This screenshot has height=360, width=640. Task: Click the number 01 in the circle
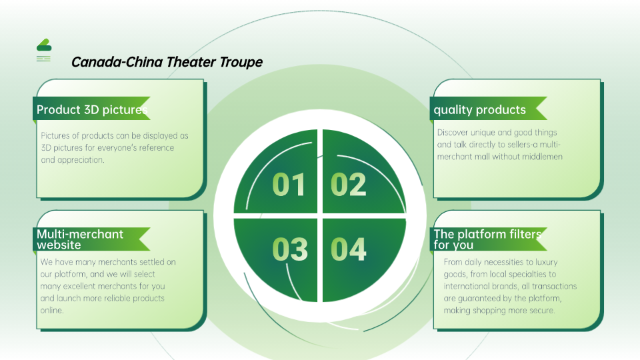pos(289,185)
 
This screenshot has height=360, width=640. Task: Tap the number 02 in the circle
pos(348,185)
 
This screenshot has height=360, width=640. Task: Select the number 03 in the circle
pos(290,249)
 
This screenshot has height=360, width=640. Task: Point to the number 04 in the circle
pos(348,249)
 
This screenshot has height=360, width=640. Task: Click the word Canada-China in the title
pos(117,62)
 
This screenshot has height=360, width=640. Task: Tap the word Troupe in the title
pos(241,63)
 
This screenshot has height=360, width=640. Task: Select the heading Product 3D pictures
pos(92,110)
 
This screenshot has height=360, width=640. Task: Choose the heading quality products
pos(479,110)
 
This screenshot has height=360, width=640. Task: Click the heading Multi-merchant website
pos(80,239)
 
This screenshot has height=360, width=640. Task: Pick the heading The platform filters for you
pos(487,239)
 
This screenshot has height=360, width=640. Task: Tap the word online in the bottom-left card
pos(51,310)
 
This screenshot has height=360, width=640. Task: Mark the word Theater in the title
pos(191,62)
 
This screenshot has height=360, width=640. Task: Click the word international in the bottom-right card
pos(469,286)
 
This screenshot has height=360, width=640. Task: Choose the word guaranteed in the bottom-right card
pos(479,299)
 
